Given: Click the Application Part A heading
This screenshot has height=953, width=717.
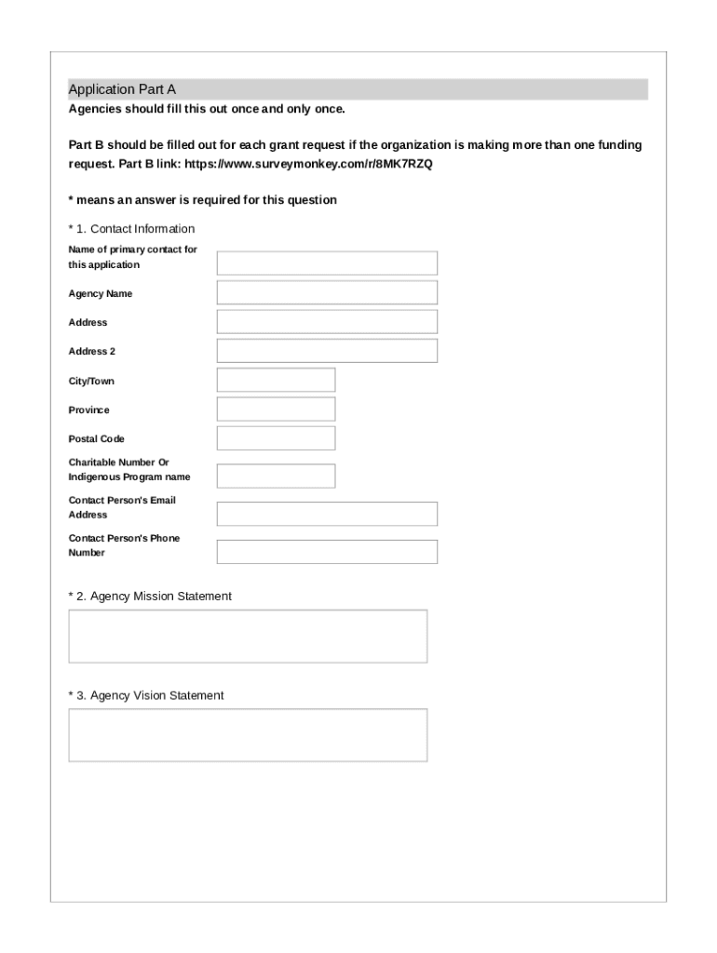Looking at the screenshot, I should pos(122,89).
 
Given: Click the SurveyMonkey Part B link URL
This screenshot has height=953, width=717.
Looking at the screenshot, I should pos(309,164).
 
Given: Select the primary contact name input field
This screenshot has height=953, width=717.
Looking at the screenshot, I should pos(327,263).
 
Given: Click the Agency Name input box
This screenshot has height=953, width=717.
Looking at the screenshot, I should pos(327,293).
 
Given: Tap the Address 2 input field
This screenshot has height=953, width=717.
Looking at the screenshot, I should pos(327,351).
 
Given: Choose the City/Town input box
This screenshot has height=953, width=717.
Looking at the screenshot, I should pos(276,381).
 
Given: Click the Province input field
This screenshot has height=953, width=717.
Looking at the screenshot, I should pos(276,409).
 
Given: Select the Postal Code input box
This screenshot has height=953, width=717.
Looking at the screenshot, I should pos(276,438).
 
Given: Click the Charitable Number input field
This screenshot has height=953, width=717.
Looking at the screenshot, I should pos(276,476).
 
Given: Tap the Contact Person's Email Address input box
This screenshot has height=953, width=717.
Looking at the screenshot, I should pos(327,514).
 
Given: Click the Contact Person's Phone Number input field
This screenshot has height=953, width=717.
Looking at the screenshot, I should pos(327,552).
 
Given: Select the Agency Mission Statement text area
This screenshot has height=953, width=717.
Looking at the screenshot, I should pos(248,637).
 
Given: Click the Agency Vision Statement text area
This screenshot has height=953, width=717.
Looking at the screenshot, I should pos(248,735).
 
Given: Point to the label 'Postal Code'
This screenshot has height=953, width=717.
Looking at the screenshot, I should pos(96,439).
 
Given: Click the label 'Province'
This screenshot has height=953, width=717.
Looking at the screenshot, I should pos(88,410).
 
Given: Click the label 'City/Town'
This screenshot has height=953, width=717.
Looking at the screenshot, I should pos(91,382).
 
